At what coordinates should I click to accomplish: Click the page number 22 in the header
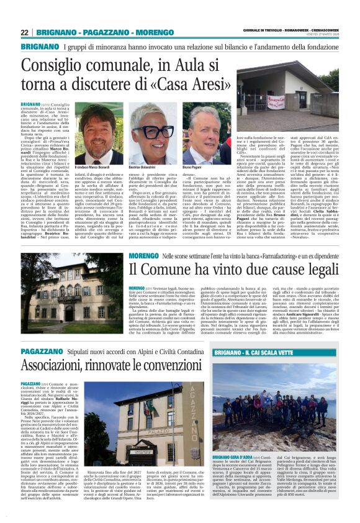25,32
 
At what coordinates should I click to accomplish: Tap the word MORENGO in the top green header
155,32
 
